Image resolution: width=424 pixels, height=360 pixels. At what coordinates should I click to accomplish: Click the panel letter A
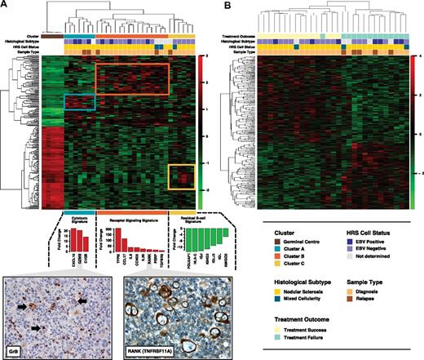point(5,6)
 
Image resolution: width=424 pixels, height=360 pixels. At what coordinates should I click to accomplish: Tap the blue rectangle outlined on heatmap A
point(81,102)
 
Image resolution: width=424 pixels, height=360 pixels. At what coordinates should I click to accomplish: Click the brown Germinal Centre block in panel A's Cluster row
point(48,35)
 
